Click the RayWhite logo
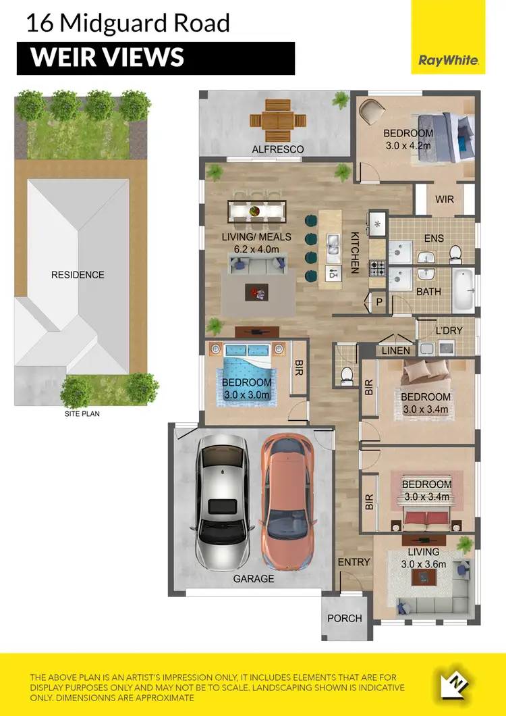point(449,60)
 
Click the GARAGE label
point(254,579)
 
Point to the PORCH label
point(344,618)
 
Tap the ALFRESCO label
point(278,149)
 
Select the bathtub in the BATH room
point(463,290)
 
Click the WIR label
point(445,200)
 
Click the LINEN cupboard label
point(395,351)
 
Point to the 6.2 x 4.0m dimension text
point(256,249)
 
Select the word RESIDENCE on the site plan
point(78,275)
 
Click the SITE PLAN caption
point(82,413)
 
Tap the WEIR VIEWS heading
point(108,58)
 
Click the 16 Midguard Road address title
point(128,23)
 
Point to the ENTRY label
point(354,562)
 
